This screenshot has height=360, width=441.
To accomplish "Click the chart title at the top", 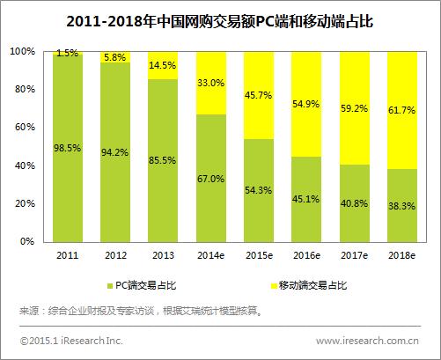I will click(x=220, y=19).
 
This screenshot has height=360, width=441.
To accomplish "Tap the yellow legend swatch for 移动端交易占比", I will click(x=264, y=286).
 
